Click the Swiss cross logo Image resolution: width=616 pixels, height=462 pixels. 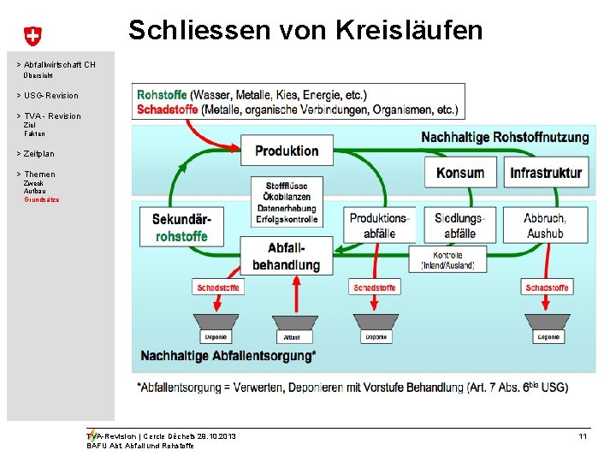pyautogui.click(x=32, y=36)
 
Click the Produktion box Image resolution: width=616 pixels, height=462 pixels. pyautogui.click(x=286, y=151)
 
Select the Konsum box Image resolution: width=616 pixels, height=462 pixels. pyautogui.click(x=459, y=173)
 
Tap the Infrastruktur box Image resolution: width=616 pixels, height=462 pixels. pyautogui.click(x=546, y=173)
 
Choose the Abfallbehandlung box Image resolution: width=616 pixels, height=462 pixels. pyautogui.click(x=286, y=256)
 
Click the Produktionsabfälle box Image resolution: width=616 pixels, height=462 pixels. pyautogui.click(x=378, y=226)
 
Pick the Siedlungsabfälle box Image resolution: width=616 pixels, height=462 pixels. pyautogui.click(x=459, y=226)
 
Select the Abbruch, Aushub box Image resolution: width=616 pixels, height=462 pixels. pyautogui.click(x=545, y=226)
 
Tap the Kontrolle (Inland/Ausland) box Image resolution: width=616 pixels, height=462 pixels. pyautogui.click(x=447, y=260)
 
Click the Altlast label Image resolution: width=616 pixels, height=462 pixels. pyautogui.click(x=291, y=337)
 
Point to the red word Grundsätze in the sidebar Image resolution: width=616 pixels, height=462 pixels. pyautogui.click(x=41, y=198)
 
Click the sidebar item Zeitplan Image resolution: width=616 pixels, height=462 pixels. pyautogui.click(x=38, y=154)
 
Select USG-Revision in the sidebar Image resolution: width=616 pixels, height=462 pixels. pyautogui.click(x=50, y=96)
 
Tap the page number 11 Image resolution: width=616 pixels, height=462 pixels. pyautogui.click(x=583, y=437)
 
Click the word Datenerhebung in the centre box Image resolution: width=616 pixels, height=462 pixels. pyautogui.click(x=286, y=208)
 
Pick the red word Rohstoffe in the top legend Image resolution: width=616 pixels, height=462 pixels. pyautogui.click(x=162, y=95)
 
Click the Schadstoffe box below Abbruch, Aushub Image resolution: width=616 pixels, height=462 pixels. pyautogui.click(x=547, y=287)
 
